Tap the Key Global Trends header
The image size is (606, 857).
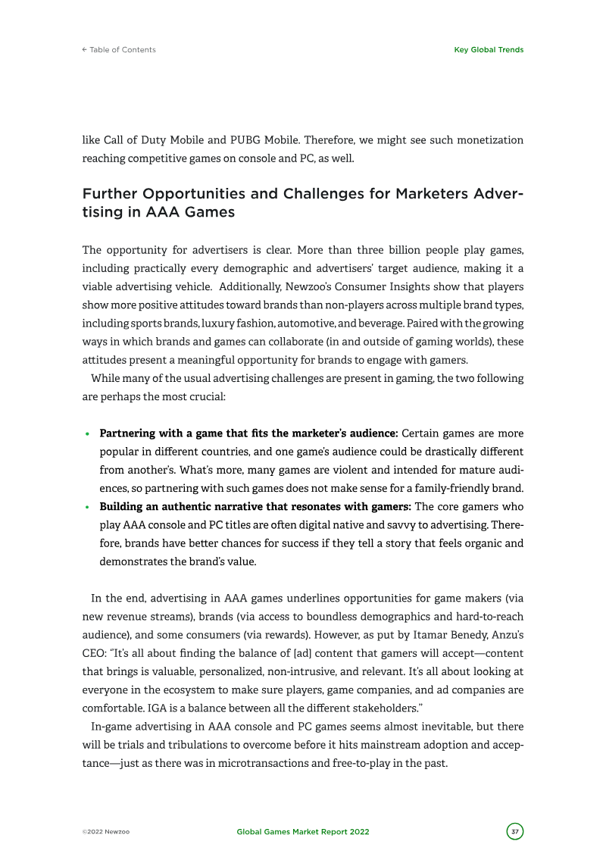489,50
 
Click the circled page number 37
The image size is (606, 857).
515,831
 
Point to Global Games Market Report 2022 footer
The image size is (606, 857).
303,832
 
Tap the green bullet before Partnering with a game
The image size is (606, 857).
88,435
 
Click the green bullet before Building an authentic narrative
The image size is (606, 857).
88,507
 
